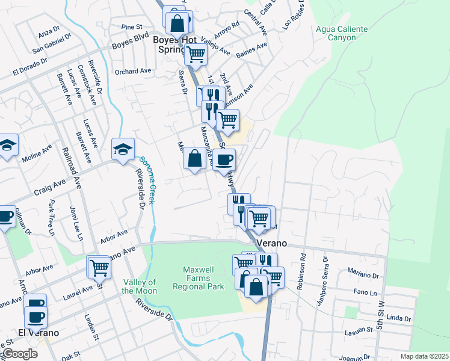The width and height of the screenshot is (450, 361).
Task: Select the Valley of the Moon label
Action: [140, 286]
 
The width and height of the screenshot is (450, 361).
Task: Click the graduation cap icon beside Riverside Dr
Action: [123, 150]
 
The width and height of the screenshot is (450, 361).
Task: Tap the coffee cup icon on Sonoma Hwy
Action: [224, 159]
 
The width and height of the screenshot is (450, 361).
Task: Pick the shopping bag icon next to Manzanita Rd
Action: [195, 159]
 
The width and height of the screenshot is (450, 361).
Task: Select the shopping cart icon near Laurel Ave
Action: [99, 267]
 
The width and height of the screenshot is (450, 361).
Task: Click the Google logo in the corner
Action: [20, 354]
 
